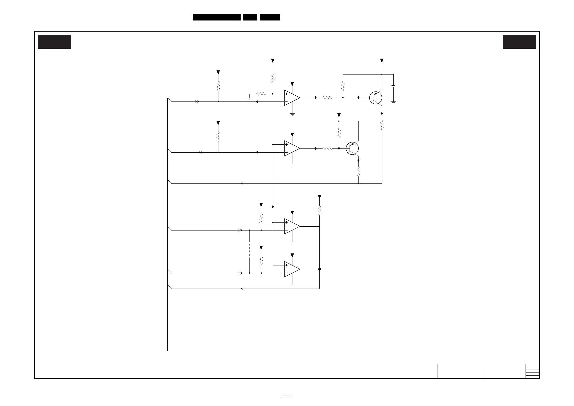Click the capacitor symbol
(393, 86)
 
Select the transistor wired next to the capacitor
(376, 98)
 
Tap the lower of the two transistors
(352, 149)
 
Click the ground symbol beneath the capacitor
(393, 102)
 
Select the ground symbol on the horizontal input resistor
(249, 99)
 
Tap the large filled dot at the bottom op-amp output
(319, 269)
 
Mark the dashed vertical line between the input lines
(249, 251)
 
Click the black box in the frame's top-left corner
(54, 42)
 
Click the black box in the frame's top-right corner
(519, 42)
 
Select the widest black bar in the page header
(216, 17)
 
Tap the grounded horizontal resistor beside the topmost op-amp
(261, 94)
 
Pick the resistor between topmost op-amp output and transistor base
(327, 98)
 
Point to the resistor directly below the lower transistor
(358, 172)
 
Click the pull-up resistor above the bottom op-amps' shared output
(319, 210)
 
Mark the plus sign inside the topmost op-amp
(286, 94)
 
